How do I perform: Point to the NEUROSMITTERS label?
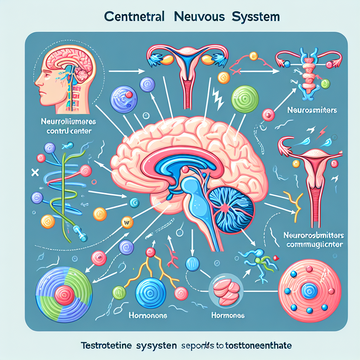pos(312,110)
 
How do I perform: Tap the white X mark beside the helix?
pos(35,173)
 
